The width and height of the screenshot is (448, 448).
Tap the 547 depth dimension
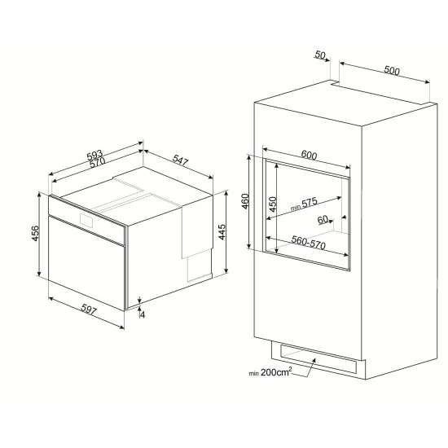180,162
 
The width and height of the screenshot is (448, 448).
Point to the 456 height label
33,233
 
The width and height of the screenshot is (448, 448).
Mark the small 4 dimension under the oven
142,313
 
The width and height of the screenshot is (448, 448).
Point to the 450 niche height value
273,204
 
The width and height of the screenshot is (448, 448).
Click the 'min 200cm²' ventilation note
271,373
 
